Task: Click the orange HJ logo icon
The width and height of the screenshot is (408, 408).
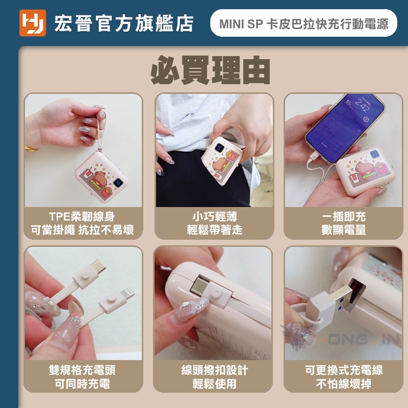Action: (x=33, y=23)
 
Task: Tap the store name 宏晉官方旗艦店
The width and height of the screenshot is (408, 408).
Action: (x=124, y=23)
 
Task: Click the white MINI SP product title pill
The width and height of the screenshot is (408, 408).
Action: (x=303, y=23)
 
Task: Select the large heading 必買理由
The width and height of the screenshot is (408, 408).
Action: (x=210, y=70)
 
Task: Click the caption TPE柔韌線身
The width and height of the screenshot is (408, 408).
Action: (x=82, y=216)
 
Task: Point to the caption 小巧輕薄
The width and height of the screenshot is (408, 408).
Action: (x=215, y=216)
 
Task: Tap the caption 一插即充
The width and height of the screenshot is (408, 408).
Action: (x=343, y=216)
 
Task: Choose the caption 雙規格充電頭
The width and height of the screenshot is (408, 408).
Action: (x=82, y=370)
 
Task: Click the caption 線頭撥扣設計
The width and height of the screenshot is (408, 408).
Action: (x=215, y=370)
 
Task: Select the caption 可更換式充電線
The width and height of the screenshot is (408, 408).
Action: (x=343, y=370)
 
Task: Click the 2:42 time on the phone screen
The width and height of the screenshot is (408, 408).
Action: (x=363, y=105)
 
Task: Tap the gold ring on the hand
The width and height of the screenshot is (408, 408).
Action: (x=32, y=148)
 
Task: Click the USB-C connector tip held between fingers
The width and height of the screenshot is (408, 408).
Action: (x=98, y=266)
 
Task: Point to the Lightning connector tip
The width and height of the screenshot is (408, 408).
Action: (x=128, y=292)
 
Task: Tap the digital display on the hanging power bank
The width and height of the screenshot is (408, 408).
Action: (x=118, y=183)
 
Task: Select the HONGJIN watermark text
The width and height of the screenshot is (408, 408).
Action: (x=357, y=339)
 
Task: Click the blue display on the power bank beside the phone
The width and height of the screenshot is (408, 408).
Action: (x=374, y=154)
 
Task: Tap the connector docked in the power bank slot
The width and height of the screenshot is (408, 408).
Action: (x=200, y=287)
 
